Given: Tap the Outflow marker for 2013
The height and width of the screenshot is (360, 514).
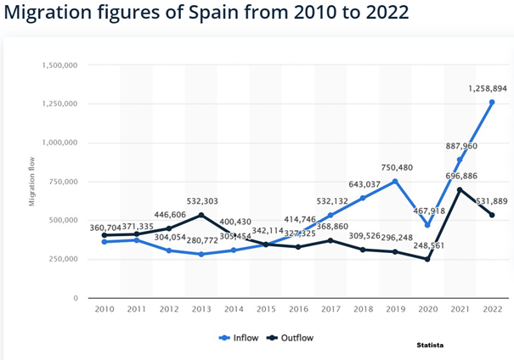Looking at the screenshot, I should point(201,216).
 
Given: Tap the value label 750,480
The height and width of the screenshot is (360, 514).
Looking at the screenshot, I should point(393,166).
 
